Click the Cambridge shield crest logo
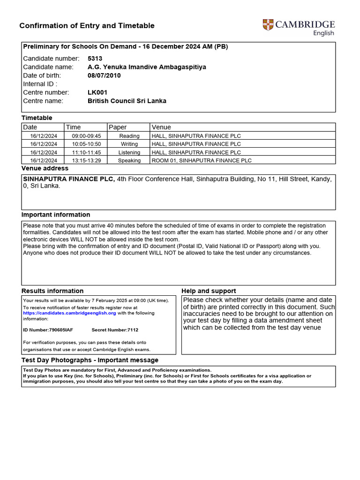[x=268, y=25]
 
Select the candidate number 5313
[x=95, y=59]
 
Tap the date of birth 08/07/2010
[x=104, y=75]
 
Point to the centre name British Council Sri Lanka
[x=127, y=101]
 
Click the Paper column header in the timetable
[x=118, y=127]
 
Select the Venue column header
[x=161, y=127]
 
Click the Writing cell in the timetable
[x=129, y=144]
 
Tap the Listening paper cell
[x=129, y=152]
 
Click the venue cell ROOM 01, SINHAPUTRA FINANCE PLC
[x=202, y=160]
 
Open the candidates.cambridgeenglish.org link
[x=69, y=313]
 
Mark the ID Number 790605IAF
[x=48, y=330]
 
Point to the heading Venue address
[x=45, y=168]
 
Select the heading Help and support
[x=209, y=291]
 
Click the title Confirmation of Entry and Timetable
[x=87, y=26]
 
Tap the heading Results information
[x=52, y=291]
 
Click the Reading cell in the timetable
[x=129, y=136]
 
